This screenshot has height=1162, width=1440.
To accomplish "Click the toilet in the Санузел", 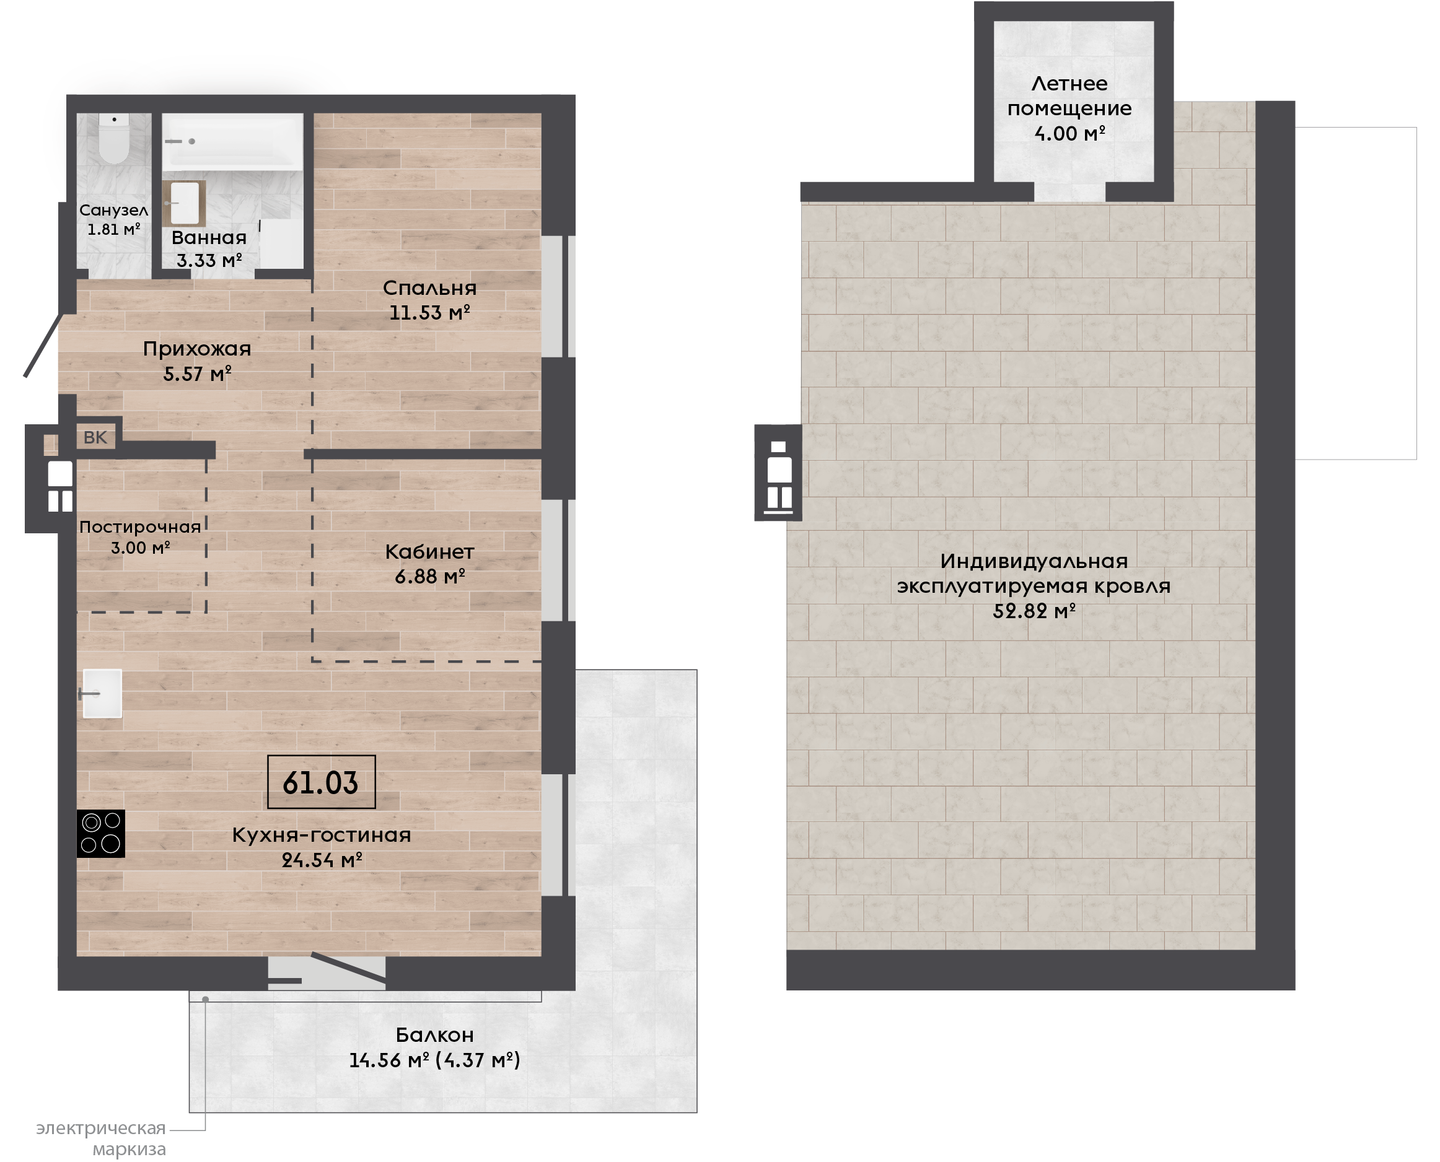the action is pos(114,139).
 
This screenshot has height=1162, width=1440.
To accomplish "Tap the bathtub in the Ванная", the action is pos(232,141).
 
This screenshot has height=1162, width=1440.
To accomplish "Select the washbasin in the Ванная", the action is pos(184,203).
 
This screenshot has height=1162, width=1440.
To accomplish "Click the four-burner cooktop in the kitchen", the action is pos(100,833).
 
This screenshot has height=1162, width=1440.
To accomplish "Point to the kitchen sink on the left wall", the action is pos(102,694).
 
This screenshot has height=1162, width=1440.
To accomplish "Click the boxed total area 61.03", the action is pos(321,782).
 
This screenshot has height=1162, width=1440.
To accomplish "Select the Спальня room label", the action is pos(429,288).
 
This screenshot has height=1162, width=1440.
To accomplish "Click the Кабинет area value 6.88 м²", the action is pos(430,576).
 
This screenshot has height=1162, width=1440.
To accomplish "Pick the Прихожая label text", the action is pos(197,349).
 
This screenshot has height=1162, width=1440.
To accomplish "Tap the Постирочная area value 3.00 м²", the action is pos(141,548).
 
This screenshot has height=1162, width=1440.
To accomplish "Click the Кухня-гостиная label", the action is pos(322,835).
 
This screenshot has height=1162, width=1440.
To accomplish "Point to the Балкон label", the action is pos(434,1035).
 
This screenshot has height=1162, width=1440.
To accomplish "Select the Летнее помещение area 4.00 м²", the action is pos(1069,133).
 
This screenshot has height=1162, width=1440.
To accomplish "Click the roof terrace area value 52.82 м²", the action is pos(1034,611).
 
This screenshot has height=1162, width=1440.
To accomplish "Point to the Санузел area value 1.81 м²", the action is pos(114,229).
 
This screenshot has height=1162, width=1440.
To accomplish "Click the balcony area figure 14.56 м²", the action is pos(389,1060).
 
